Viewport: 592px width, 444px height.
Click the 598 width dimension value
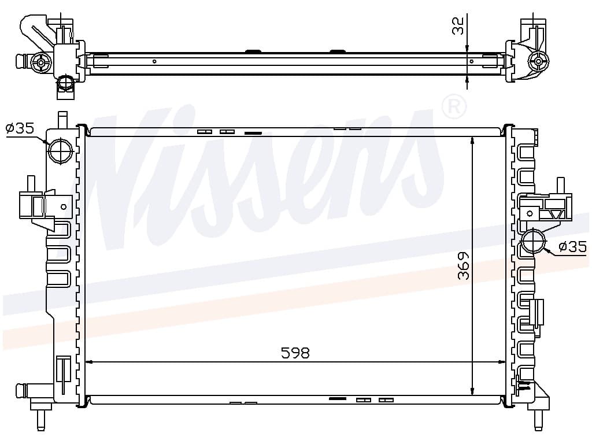pos(295,353)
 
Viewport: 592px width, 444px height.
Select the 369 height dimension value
pos(463,266)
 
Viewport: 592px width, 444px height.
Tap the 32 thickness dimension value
pos(458,25)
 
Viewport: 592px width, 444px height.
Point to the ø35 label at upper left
pos(20,128)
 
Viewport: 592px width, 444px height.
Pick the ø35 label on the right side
pos(573,247)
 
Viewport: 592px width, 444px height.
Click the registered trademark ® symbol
pos(454,107)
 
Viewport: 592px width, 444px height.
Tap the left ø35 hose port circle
pos(60,151)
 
